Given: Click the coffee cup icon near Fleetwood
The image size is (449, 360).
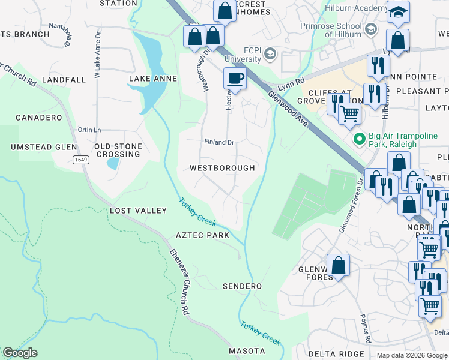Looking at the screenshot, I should coord(235,78).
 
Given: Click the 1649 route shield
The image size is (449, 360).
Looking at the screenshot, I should coord(82,159).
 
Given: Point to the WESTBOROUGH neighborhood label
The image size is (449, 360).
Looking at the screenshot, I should coord(222,168).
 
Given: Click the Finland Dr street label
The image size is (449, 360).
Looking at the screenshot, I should coord(218,142).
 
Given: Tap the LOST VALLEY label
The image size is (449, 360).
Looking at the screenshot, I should coord(138,211).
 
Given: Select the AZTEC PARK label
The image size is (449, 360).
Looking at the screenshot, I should coord(202,235).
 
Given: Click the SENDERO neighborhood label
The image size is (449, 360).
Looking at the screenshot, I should coord(242,286).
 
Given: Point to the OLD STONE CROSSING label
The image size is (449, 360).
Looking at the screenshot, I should coord(118,150).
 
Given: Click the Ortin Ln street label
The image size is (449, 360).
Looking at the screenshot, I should coord(89,130).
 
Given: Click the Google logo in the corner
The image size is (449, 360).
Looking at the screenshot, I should coord(20,353).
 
